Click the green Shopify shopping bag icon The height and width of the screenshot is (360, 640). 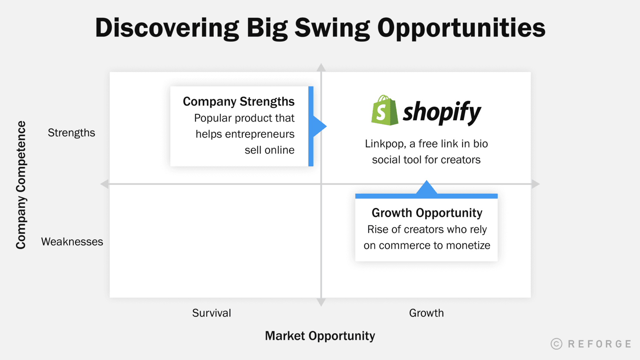(384, 110)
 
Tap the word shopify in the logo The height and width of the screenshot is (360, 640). (442, 112)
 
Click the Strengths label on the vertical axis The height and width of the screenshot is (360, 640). (71, 133)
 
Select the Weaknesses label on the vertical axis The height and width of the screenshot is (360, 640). (72, 242)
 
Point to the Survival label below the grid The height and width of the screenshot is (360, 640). (212, 313)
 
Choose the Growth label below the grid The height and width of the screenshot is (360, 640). (426, 313)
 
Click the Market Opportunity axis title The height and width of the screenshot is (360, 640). (320, 336)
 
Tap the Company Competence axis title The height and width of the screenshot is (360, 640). (21, 185)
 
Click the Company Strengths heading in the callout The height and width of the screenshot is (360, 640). (239, 102)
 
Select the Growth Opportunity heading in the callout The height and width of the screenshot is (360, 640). (427, 213)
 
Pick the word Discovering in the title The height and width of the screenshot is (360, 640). (167, 28)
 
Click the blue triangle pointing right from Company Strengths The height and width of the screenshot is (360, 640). (319, 126)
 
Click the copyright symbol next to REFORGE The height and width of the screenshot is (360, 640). (556, 344)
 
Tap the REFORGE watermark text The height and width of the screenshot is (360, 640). (599, 344)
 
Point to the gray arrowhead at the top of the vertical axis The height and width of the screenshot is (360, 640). (321, 67)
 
